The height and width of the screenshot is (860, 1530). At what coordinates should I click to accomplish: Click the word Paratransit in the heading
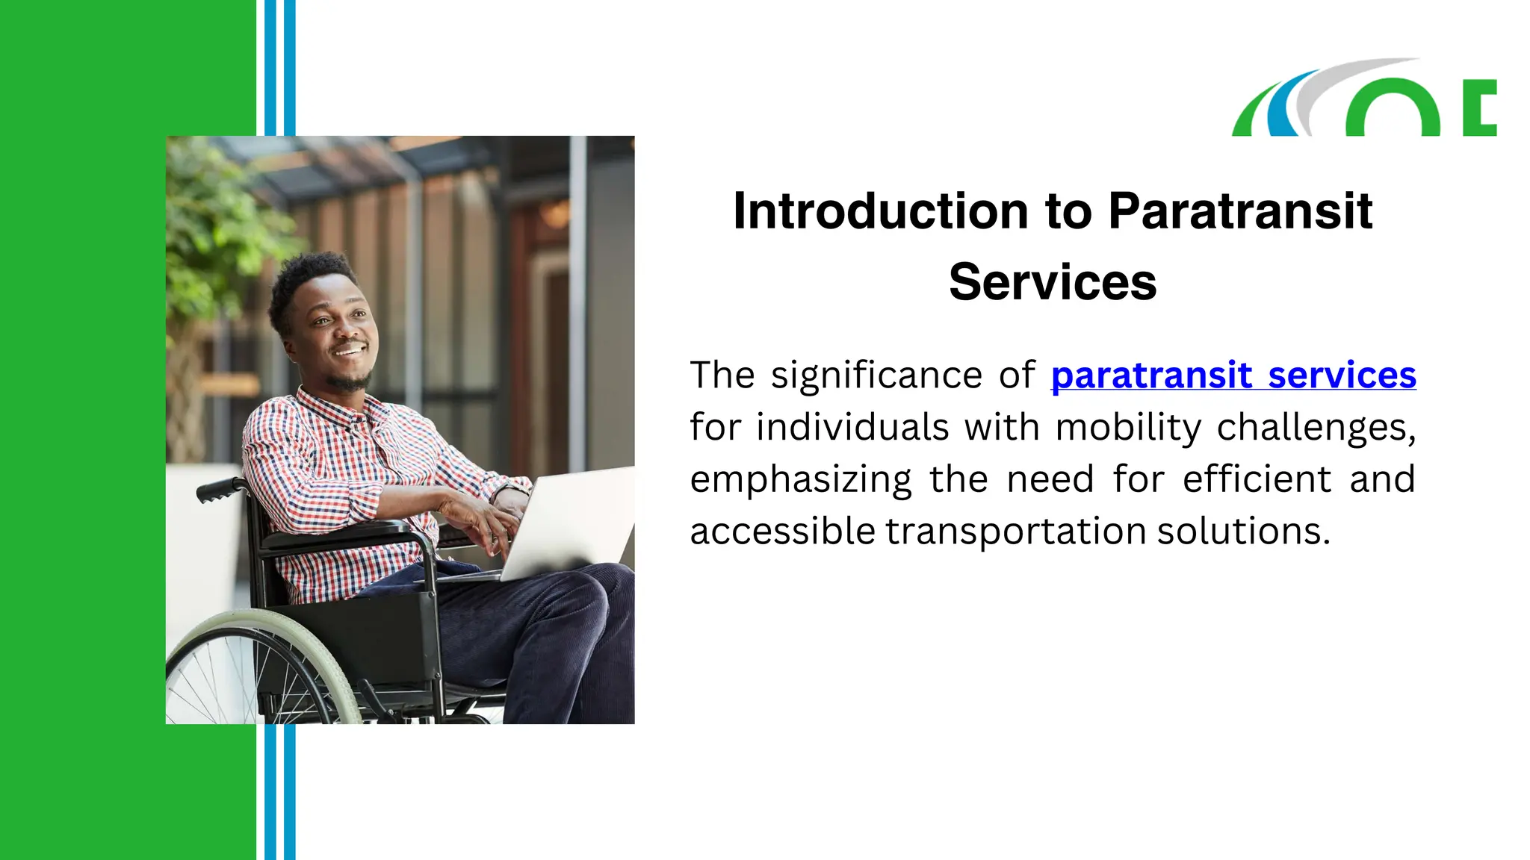click(1240, 211)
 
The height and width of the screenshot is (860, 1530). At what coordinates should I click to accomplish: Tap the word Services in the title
click(1053, 282)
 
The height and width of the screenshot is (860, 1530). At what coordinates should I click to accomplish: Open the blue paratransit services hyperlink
click(1233, 375)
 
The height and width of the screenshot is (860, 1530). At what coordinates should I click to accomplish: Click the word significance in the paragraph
click(876, 375)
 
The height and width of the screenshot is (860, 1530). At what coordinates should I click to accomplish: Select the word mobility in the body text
click(1128, 427)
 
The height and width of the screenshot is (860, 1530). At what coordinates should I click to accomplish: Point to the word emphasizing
click(800, 479)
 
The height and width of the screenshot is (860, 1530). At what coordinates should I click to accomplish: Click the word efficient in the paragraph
click(1257, 479)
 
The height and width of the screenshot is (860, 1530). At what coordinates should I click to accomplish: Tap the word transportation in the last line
click(1015, 532)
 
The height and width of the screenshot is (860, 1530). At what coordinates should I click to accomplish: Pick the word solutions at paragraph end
click(1243, 532)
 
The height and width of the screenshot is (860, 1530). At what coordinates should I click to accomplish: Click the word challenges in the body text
click(1316, 427)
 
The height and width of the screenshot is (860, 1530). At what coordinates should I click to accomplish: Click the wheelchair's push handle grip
click(217, 490)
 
